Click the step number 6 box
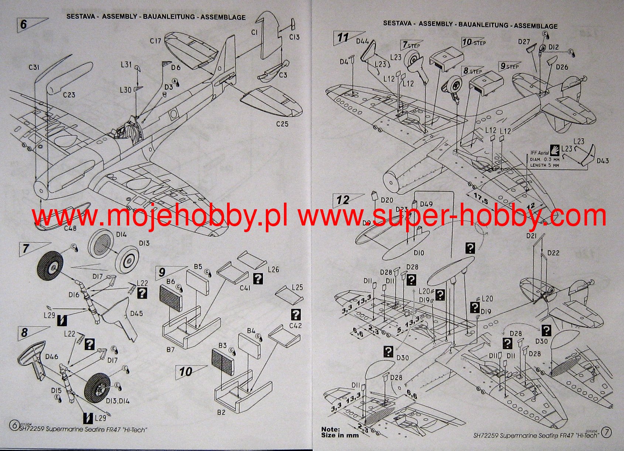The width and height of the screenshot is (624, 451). tap(24, 24)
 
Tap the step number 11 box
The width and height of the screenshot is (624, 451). tap(343, 38)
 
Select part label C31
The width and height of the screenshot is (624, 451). tap(34, 68)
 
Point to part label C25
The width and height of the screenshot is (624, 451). tap(282, 124)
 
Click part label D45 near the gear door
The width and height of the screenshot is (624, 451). tap(136, 313)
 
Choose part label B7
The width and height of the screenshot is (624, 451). tap(170, 349)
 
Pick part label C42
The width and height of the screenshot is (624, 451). tap(295, 326)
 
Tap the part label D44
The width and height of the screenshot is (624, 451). tap(362, 41)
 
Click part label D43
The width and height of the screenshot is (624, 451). tap(603, 161)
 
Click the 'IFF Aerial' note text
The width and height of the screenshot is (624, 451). tap(539, 152)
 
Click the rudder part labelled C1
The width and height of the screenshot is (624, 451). tap(268, 37)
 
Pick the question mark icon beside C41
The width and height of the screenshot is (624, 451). tap(258, 278)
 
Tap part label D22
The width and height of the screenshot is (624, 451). tap(553, 253)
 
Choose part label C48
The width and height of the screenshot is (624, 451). tap(70, 228)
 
